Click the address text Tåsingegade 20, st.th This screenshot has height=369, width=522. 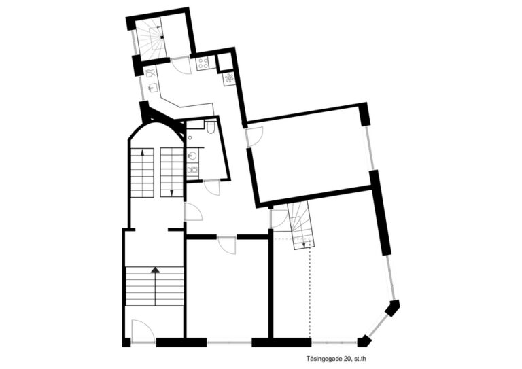click(x=336, y=359)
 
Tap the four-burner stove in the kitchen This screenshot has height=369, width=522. click(x=203, y=63)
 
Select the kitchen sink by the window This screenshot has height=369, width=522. click(x=152, y=88)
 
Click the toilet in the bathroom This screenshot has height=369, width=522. click(x=211, y=128)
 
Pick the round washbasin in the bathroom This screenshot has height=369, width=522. click(x=192, y=156)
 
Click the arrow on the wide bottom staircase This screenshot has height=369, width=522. click(x=155, y=270)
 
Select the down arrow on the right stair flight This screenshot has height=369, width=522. click(x=172, y=192)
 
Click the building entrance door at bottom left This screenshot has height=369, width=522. click(x=143, y=331)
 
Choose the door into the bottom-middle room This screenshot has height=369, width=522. click(x=227, y=245)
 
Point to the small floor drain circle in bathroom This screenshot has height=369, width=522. click(x=190, y=137)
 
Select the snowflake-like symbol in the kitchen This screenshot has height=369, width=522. click(x=229, y=78)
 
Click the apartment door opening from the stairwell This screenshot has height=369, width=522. click(x=193, y=211)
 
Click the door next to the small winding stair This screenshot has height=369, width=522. click(x=279, y=219)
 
